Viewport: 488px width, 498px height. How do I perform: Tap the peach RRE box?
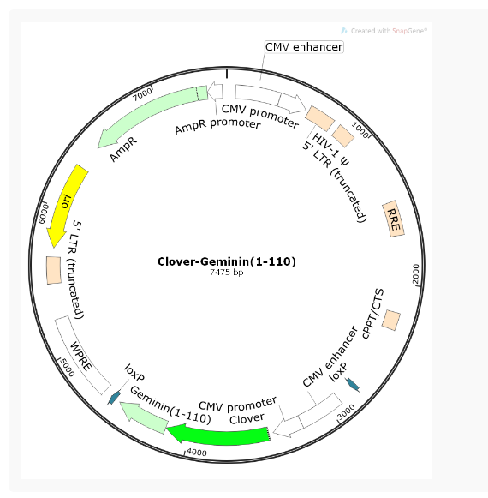click(x=393, y=219)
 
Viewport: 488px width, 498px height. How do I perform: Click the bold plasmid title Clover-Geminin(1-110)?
click(x=227, y=261)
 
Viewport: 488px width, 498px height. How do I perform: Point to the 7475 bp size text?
click(x=227, y=273)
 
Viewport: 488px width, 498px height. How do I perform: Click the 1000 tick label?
click(x=360, y=130)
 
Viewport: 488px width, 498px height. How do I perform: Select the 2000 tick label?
click(x=416, y=273)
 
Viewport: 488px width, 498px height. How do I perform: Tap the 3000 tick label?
click(x=346, y=412)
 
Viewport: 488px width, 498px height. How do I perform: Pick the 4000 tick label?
click(x=197, y=453)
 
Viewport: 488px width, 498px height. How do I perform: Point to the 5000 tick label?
click(x=68, y=368)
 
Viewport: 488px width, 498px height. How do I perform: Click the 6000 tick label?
click(x=44, y=213)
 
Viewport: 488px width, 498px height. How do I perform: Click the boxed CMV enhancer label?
click(x=304, y=47)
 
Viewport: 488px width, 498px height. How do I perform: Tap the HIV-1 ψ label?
click(x=330, y=149)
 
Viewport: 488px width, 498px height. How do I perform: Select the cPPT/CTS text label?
click(x=372, y=314)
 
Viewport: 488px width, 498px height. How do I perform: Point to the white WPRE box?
click(x=83, y=355)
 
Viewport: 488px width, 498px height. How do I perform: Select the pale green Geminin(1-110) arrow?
click(x=145, y=417)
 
